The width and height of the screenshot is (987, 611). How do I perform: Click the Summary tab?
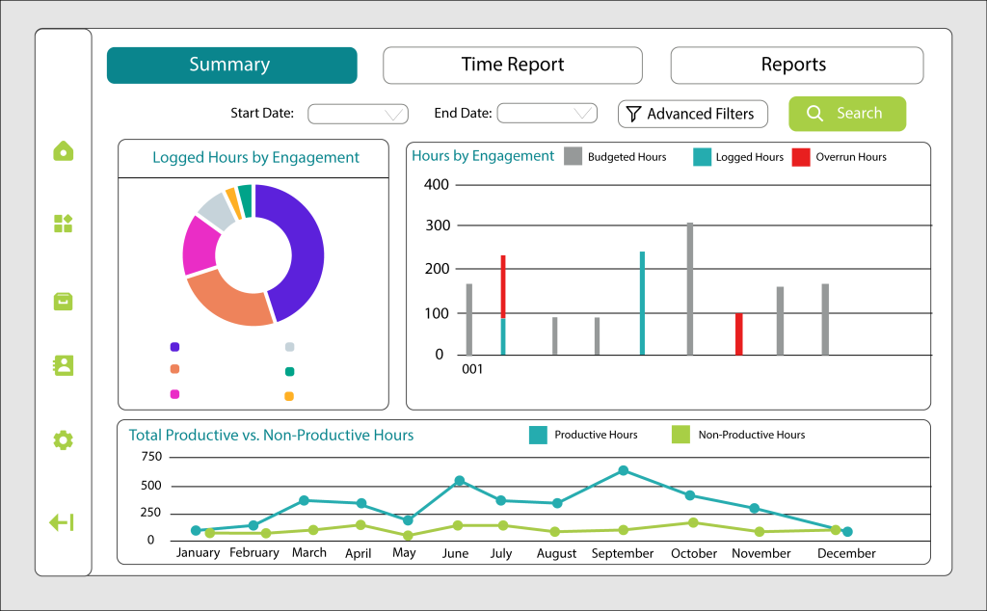[x=231, y=65]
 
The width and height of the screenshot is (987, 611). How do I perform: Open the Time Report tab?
[x=513, y=65]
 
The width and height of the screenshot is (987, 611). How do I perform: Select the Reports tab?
[x=797, y=65]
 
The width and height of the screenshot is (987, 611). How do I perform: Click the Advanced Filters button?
[x=692, y=114]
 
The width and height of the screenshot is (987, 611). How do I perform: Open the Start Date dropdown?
[x=358, y=114]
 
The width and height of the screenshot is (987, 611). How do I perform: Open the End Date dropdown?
[x=547, y=114]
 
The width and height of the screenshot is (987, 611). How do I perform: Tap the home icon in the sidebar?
[x=64, y=151]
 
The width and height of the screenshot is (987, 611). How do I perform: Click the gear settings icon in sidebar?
[x=63, y=439]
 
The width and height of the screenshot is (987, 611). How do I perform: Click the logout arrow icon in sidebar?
[x=62, y=522]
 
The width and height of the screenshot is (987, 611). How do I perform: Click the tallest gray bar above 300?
[x=690, y=289]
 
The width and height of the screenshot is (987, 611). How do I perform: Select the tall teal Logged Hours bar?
[x=642, y=304]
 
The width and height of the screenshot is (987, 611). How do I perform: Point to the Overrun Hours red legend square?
[x=801, y=157]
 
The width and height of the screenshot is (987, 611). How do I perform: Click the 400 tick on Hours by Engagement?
[x=437, y=184]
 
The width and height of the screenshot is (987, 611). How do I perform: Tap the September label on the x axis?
[x=623, y=553]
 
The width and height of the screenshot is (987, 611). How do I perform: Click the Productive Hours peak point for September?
[x=624, y=470]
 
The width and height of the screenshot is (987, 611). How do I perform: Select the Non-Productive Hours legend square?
[x=681, y=435]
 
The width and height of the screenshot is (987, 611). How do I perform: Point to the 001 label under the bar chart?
[x=472, y=369]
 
